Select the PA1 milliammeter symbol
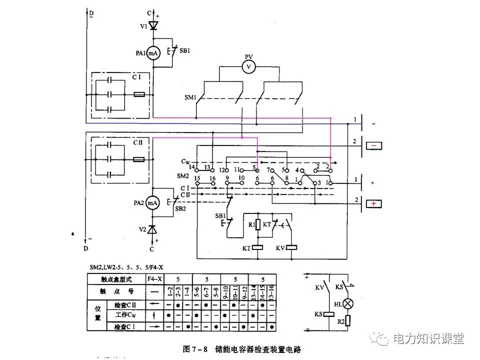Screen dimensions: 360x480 (153, 54)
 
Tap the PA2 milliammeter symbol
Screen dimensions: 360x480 (152, 203)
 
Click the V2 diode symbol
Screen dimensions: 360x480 (152, 228)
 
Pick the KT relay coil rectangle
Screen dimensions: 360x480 (257, 247)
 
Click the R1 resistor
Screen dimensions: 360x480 (257, 224)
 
